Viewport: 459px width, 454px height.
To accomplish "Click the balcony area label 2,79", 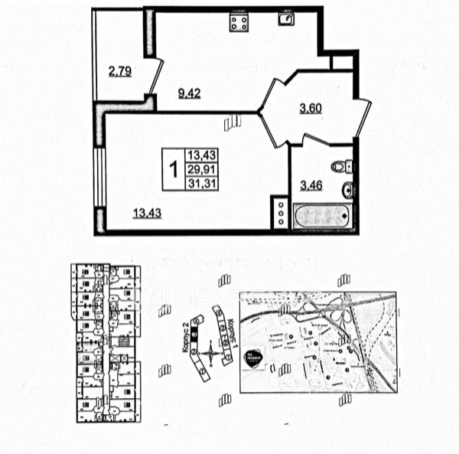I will click(120, 73).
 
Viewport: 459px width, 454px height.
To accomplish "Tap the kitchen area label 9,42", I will click(189, 94).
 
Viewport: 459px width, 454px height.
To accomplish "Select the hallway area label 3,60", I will click(310, 108).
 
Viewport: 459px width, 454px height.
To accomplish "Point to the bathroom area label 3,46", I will click(311, 185).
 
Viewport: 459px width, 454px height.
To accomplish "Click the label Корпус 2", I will click(187, 337).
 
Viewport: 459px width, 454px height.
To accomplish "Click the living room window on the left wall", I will click(98, 176).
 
